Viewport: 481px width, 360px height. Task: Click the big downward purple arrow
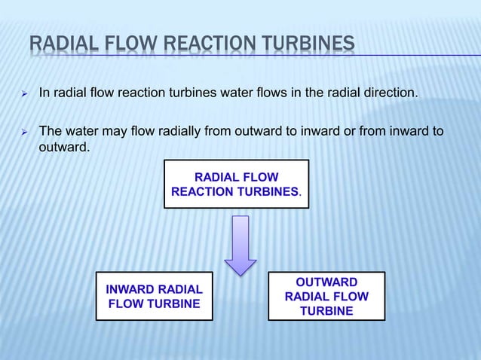[240, 246]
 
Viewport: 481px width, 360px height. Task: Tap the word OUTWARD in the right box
[326, 282]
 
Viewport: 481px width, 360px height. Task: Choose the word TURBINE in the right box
[326, 311]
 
